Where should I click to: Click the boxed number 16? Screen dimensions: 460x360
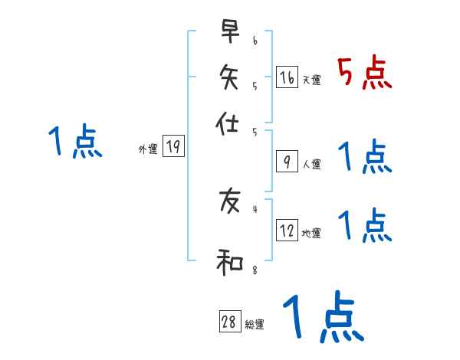286,77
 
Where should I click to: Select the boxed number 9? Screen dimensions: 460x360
286,161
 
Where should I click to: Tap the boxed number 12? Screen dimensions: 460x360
287,231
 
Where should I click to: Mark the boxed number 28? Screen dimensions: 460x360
229,322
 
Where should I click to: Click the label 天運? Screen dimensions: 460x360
312,80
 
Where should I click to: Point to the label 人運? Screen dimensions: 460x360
312,164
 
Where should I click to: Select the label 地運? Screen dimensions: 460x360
312,234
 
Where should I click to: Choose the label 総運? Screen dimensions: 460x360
255,325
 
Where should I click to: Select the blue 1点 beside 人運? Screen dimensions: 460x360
364,157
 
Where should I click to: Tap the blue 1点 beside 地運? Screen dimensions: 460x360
364,226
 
